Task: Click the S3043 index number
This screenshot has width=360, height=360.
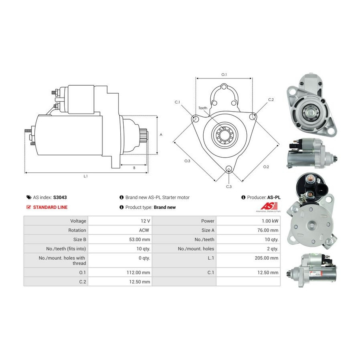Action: [60, 197]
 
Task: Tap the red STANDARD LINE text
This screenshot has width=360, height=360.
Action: [50, 207]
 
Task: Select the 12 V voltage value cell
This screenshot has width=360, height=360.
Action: [145, 221]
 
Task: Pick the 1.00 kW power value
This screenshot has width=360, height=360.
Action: [270, 221]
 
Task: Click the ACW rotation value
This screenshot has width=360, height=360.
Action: [144, 230]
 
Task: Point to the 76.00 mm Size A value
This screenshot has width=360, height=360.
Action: [268, 230]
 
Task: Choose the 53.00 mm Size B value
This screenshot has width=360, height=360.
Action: [140, 240]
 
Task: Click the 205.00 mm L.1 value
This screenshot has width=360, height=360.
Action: [266, 258]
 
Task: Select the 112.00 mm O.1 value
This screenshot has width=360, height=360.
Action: [138, 272]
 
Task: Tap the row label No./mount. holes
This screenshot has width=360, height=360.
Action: [196, 249]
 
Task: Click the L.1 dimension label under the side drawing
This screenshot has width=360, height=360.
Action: [86, 176]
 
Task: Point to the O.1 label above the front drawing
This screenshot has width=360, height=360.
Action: [224, 75]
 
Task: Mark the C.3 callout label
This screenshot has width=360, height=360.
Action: [229, 187]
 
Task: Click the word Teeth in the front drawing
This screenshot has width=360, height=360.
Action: [203, 108]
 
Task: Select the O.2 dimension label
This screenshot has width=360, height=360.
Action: [266, 167]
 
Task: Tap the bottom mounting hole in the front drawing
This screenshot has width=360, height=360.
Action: [229, 169]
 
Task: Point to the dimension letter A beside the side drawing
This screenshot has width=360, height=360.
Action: [161, 135]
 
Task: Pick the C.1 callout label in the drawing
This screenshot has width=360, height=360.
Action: [177, 102]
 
